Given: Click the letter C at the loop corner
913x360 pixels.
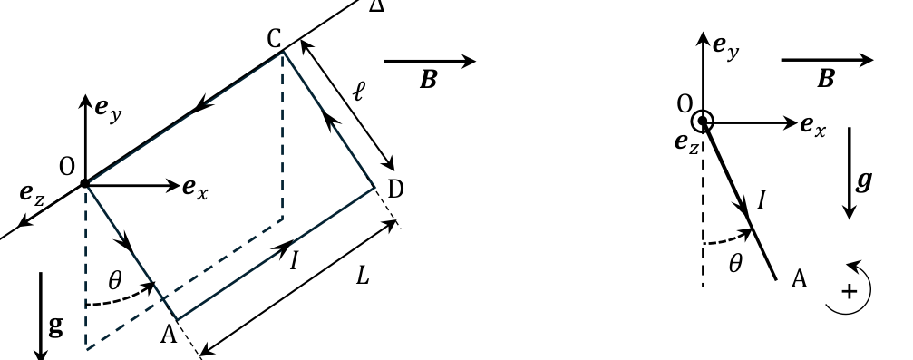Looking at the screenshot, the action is tap(275, 40).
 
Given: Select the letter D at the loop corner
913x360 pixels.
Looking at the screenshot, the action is tap(395, 190).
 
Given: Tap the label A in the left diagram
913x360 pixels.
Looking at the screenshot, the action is tap(169, 335).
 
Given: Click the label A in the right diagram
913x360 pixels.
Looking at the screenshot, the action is tap(799, 279).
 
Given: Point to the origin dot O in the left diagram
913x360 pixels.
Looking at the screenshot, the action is tap(85, 184).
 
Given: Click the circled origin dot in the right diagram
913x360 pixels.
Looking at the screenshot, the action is tap(703, 122).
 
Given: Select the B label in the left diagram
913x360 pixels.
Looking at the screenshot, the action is tap(429, 81).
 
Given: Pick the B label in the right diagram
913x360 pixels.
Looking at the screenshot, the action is tap(826, 79).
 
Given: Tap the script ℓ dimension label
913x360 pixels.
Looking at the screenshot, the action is tap(359, 92).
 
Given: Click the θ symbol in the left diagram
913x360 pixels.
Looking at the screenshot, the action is tap(115, 282).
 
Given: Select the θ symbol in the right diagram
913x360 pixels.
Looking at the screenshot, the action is tap(735, 265).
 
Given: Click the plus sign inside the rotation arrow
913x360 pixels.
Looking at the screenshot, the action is tap(850, 291).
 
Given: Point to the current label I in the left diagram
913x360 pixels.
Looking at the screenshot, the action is tap(294, 260).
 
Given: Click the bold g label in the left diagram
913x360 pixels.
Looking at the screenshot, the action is tap(56, 326).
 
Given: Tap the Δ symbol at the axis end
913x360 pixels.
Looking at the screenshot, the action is tap(377, 5).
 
